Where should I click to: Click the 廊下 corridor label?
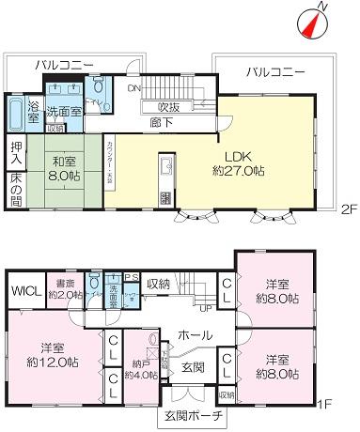point(170,122)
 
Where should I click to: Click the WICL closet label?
point(23,288)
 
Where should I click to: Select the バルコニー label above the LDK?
point(275,71)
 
